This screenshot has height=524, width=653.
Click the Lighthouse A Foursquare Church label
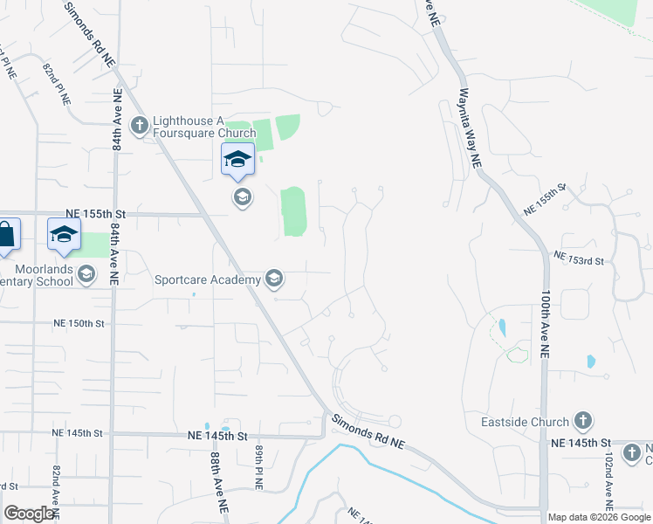click(x=204, y=128)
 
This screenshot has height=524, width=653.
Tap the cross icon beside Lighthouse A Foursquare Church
click(x=139, y=127)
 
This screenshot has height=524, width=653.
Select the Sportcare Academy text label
click(x=208, y=280)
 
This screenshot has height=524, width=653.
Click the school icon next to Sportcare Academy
click(x=274, y=279)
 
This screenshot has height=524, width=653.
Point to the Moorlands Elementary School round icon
click(x=86, y=275)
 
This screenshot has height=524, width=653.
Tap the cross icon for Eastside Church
click(x=583, y=422)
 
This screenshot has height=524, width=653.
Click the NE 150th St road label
click(x=79, y=323)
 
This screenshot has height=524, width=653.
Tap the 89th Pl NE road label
click(x=259, y=466)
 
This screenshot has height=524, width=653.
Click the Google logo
click(x=30, y=514)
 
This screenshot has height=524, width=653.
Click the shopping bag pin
click(x=5, y=235)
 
